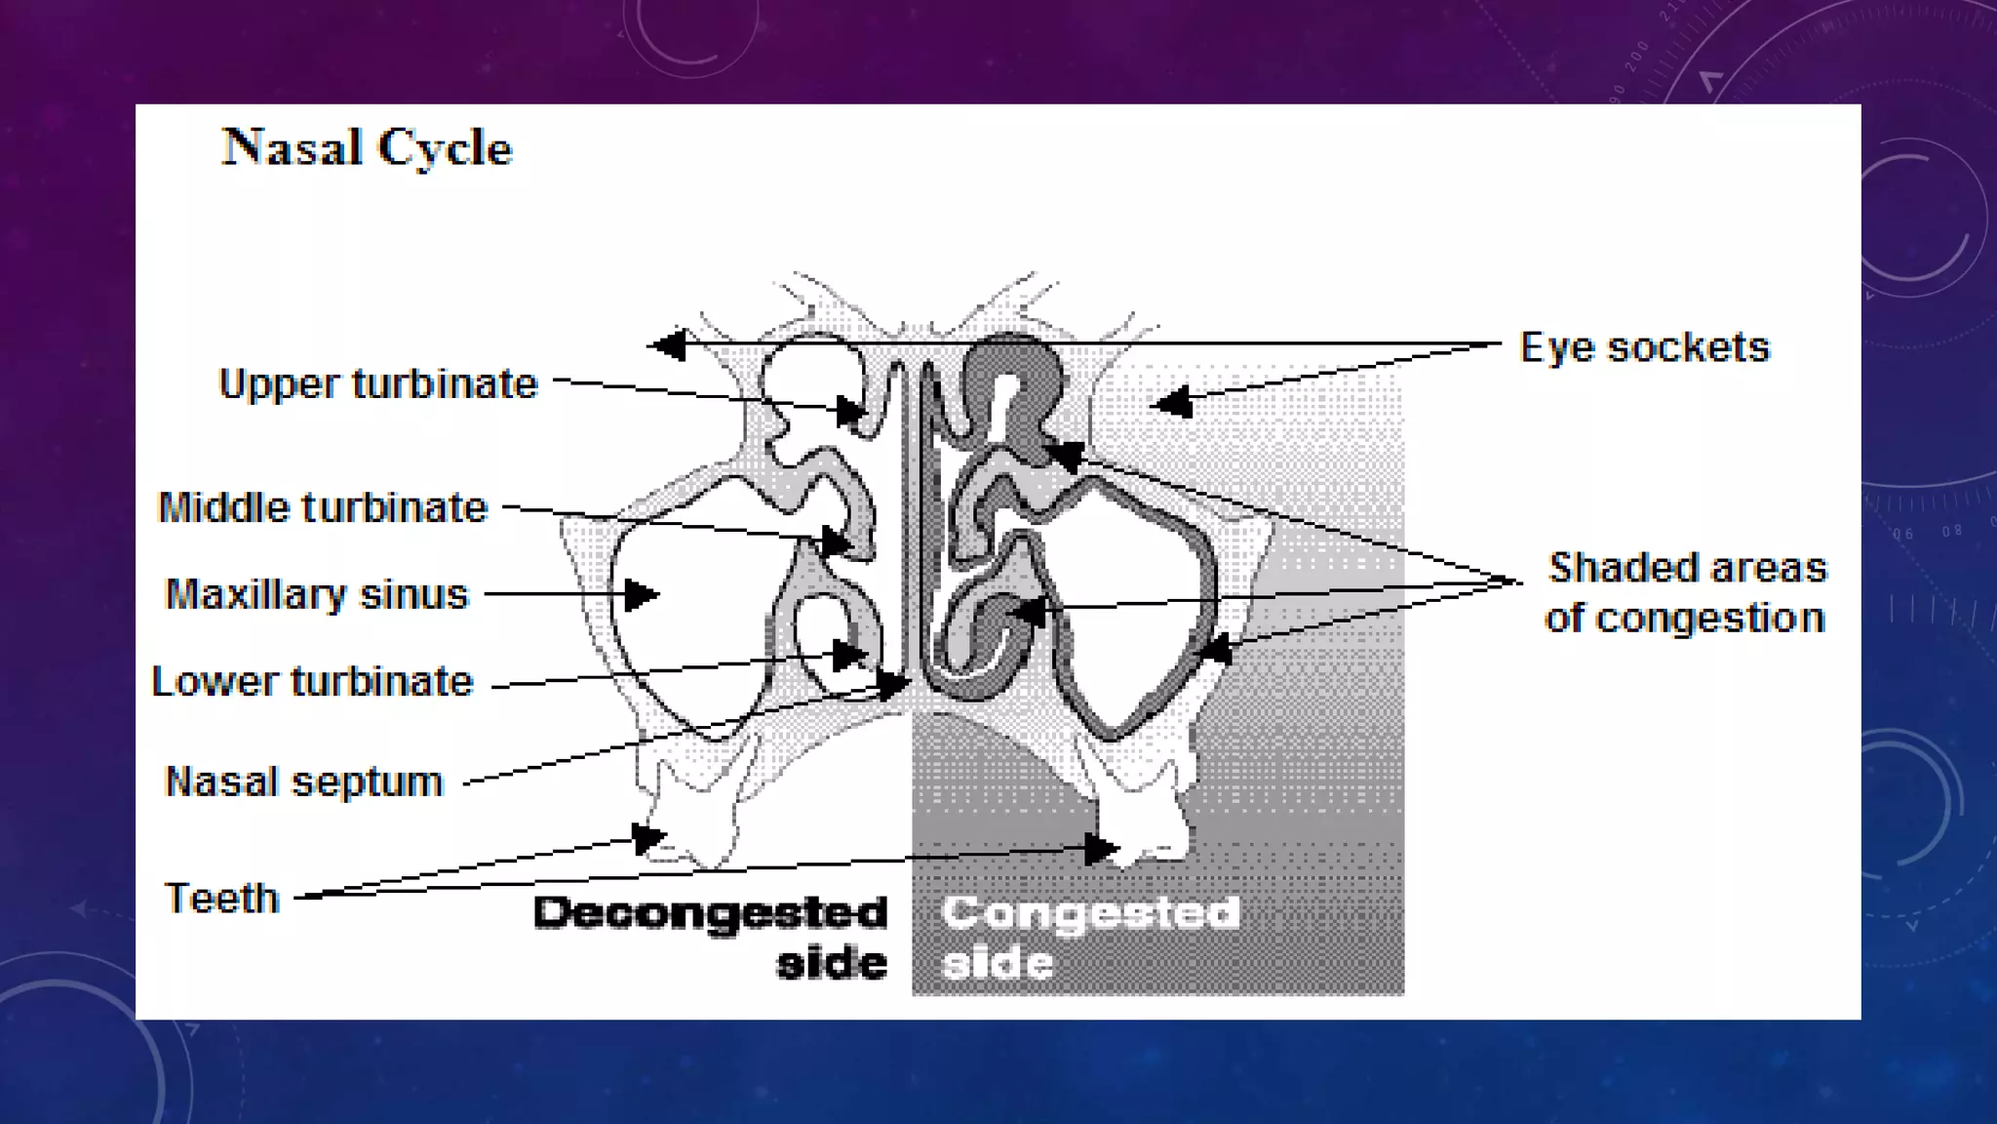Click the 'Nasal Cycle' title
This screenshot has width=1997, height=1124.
pos(368,148)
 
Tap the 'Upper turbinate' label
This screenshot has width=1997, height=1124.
pos(378,383)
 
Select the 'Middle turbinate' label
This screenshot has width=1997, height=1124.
pos(323,507)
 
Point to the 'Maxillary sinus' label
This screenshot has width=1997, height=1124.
pos(317,594)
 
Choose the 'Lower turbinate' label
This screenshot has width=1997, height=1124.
pos(312,681)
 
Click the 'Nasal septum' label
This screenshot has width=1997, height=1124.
pos(304,782)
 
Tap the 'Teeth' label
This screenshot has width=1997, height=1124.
pos(222,898)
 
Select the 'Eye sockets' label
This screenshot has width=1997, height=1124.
pos(1644,347)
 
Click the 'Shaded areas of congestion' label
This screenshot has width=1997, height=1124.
pos(1686,592)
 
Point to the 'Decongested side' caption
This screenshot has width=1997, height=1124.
pos(712,938)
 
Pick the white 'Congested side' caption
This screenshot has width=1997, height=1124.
pos(1090,938)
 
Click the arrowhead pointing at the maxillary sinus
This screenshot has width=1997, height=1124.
pos(641,594)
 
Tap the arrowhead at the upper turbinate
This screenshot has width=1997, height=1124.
pos(850,412)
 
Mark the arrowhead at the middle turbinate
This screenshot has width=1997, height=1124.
pos(836,541)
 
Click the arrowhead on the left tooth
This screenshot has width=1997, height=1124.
pos(648,837)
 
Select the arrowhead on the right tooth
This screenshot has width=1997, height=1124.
pos(1100,848)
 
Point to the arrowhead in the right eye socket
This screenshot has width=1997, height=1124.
pos(1173,401)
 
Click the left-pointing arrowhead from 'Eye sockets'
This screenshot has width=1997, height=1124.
pos(669,344)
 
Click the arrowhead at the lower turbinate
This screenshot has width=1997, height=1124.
pos(849,654)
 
